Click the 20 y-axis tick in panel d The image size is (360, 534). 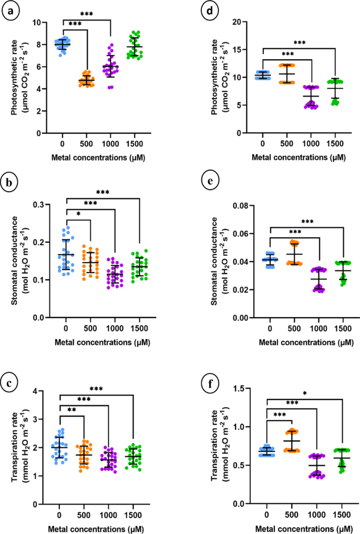(x=252, y=22)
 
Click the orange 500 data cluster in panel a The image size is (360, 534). (x=86, y=81)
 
